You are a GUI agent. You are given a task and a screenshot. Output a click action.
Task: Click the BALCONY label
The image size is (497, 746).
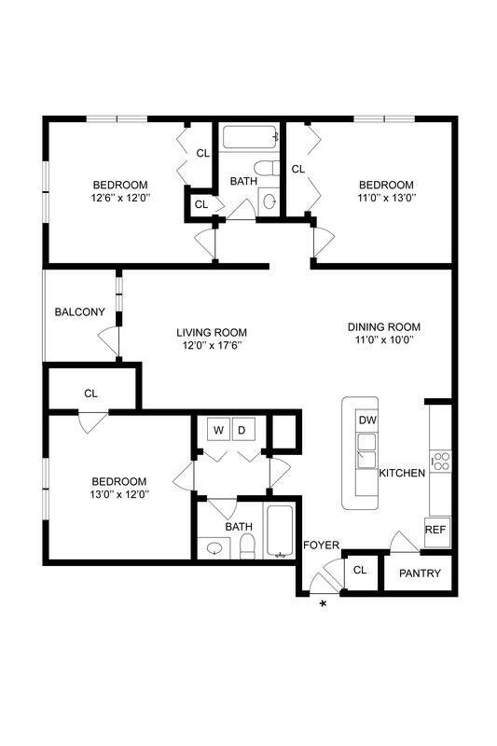pos(78,311)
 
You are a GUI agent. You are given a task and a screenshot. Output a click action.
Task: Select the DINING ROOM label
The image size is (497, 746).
pos(384,326)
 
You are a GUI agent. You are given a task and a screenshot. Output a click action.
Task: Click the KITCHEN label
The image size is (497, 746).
pos(402,473)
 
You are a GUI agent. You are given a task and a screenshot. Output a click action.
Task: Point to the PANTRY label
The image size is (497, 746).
pos(420,573)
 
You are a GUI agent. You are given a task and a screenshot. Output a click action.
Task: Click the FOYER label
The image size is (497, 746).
pos(321,546)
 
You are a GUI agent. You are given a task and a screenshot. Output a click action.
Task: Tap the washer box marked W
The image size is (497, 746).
pos(218,430)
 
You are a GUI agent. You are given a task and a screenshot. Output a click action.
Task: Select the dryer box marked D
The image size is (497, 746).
pos(241,430)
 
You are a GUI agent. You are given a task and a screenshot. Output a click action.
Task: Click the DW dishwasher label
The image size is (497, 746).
pos(367,421)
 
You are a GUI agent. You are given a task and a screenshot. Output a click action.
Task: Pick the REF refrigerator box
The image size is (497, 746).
pos(435,530)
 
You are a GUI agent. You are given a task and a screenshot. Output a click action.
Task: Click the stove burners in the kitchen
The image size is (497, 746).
pos(439,459)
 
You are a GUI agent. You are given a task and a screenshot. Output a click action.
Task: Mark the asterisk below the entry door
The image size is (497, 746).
pos(324,605)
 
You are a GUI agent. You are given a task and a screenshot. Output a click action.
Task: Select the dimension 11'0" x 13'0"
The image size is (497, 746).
pos(386,198)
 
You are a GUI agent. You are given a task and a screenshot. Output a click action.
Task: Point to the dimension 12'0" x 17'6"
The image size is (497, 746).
pos(212,346)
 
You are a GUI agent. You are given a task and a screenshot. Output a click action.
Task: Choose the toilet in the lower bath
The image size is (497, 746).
pos(247,548)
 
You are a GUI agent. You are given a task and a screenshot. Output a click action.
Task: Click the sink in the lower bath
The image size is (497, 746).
pos(215,548)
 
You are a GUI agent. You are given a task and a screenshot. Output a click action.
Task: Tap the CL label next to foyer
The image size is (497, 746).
pos(360,570)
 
